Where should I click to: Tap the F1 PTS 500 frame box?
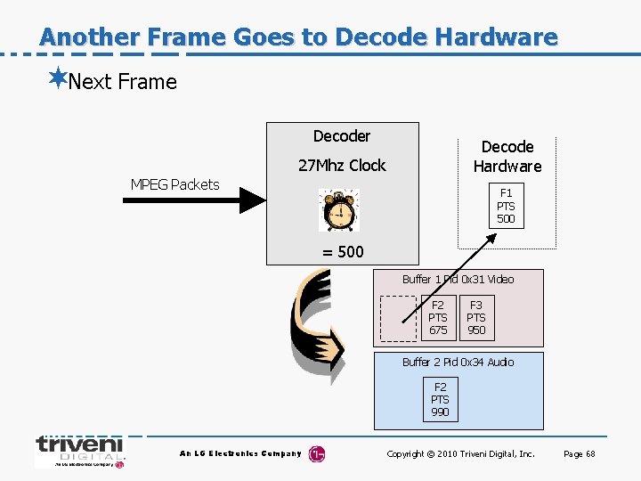506,206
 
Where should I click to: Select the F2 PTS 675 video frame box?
438,318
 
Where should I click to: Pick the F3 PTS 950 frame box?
476,318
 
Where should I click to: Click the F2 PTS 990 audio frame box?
440,400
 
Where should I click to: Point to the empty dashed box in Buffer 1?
398,318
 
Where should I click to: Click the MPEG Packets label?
174,184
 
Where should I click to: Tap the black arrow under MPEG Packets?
192,201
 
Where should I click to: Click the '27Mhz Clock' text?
342,165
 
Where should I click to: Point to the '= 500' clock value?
343,251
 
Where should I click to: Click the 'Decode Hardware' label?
507,156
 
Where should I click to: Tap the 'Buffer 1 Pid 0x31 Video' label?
458,279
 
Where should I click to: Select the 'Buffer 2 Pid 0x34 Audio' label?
458,362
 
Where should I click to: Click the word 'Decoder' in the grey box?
342,136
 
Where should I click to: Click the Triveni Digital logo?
79,452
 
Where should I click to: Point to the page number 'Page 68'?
579,454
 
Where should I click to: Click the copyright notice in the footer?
460,454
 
